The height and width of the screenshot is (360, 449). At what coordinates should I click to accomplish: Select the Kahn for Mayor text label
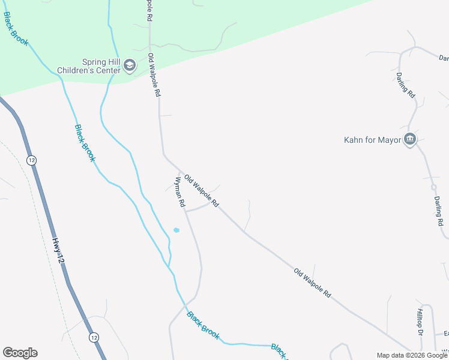click(372, 140)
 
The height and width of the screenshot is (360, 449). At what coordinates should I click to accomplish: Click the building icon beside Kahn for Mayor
click(411, 140)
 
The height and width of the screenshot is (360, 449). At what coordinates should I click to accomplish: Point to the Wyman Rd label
click(179, 192)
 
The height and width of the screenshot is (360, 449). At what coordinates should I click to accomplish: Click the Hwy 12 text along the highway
click(58, 250)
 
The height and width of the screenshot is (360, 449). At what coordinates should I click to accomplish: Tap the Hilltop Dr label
click(420, 323)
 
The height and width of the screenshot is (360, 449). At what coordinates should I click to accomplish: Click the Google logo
click(20, 353)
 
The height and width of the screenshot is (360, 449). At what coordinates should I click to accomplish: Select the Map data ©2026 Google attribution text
click(412, 355)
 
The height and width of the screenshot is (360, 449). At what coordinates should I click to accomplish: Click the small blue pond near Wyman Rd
click(176, 230)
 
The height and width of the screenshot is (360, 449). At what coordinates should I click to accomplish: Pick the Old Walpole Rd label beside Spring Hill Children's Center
click(154, 75)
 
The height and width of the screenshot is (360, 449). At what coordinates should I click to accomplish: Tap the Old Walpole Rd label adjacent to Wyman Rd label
click(202, 191)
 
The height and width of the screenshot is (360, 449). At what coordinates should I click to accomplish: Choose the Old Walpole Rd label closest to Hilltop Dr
click(312, 283)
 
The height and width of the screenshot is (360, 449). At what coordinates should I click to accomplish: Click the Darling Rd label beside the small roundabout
click(439, 211)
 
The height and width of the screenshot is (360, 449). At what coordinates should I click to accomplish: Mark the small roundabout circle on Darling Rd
click(434, 188)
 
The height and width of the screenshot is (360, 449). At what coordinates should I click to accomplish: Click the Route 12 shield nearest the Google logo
click(94, 337)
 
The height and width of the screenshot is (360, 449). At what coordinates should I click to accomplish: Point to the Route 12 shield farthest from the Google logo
click(31, 160)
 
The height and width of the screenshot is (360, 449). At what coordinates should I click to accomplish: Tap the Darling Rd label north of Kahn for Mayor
click(405, 85)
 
